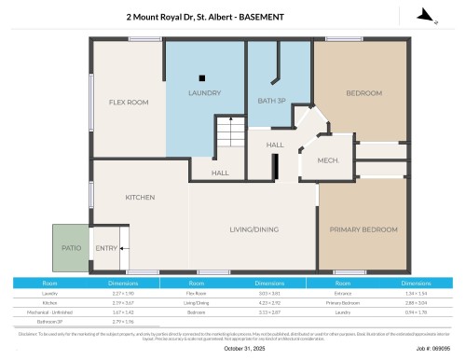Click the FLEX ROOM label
click(x=129, y=102)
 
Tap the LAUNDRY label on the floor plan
click(x=204, y=93)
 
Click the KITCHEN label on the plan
click(x=140, y=197)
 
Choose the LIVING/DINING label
click(x=254, y=228)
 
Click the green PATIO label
click(x=72, y=248)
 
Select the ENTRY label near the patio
click(x=106, y=248)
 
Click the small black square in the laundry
click(x=200, y=77)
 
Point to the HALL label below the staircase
click(x=220, y=173)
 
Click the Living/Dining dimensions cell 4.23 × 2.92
click(x=270, y=302)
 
